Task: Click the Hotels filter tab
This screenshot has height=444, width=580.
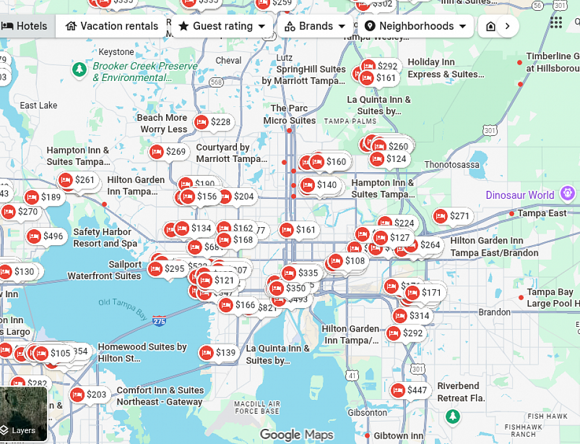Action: click(x=25, y=26)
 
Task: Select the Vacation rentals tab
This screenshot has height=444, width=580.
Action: click(x=112, y=26)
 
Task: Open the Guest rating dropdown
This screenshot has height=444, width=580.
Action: click(x=222, y=26)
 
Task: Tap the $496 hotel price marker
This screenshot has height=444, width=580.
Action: click(x=45, y=236)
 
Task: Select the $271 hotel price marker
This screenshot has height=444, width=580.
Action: click(x=452, y=216)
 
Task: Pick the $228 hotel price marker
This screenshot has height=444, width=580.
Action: click(x=213, y=122)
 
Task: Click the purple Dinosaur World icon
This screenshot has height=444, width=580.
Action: click(x=567, y=194)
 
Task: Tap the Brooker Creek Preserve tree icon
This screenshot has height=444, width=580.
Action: click(x=79, y=69)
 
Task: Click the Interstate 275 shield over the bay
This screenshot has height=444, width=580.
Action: click(x=159, y=321)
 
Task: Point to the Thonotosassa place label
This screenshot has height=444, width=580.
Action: click(x=452, y=164)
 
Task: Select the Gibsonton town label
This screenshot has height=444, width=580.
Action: click(x=367, y=413)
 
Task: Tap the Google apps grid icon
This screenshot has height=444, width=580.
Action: click(x=556, y=22)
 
